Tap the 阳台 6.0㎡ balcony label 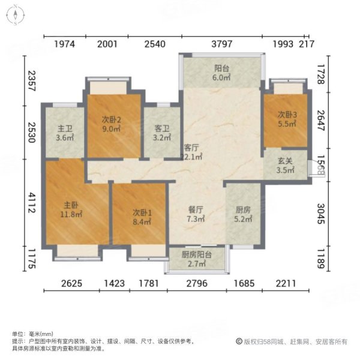[221, 73]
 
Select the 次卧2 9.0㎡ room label [112, 124]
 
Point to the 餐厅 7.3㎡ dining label [196, 215]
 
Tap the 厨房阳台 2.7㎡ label [196, 259]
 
